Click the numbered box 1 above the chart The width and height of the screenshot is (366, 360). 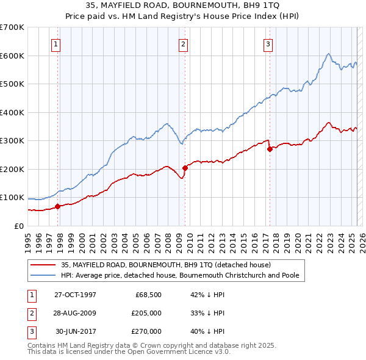[56, 43]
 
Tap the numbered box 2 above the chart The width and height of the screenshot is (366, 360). [183, 43]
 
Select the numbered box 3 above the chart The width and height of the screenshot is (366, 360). [268, 43]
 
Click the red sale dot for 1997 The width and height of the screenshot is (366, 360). [58, 206]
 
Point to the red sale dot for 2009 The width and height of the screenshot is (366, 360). [185, 168]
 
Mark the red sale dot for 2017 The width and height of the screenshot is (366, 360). [270, 149]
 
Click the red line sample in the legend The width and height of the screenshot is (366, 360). [43, 265]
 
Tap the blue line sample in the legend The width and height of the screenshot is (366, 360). [43, 276]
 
